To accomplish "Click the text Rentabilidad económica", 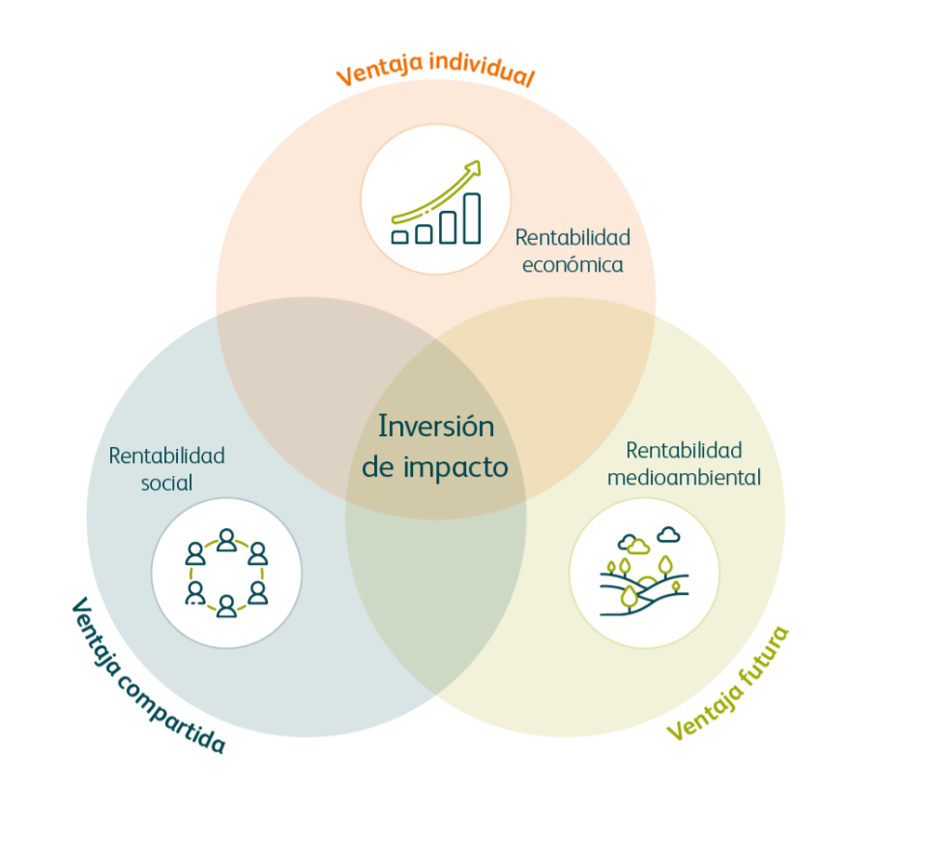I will pyautogui.click(x=572, y=251).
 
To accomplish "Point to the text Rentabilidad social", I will pyautogui.click(x=166, y=468).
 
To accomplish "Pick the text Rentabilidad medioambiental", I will pyautogui.click(x=684, y=463).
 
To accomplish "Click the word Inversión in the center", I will pyautogui.click(x=435, y=426).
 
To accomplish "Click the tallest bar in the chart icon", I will pyautogui.click(x=471, y=218).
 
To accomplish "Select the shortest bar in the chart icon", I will pyautogui.click(x=399, y=236).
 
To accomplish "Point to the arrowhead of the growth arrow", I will pyautogui.click(x=472, y=168).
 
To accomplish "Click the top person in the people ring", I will pyautogui.click(x=226, y=539).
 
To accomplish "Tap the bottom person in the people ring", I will pyautogui.click(x=226, y=607).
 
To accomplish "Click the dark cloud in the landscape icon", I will pyautogui.click(x=667, y=534).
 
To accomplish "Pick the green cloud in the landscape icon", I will pyautogui.click(x=630, y=543).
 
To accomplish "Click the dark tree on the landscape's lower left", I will pyautogui.click(x=630, y=596).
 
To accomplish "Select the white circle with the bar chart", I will pyautogui.click(x=435, y=199).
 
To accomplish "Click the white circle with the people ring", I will pyautogui.click(x=226, y=573).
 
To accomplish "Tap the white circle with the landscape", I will pyautogui.click(x=644, y=573).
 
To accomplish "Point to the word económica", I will pyautogui.click(x=572, y=264).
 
